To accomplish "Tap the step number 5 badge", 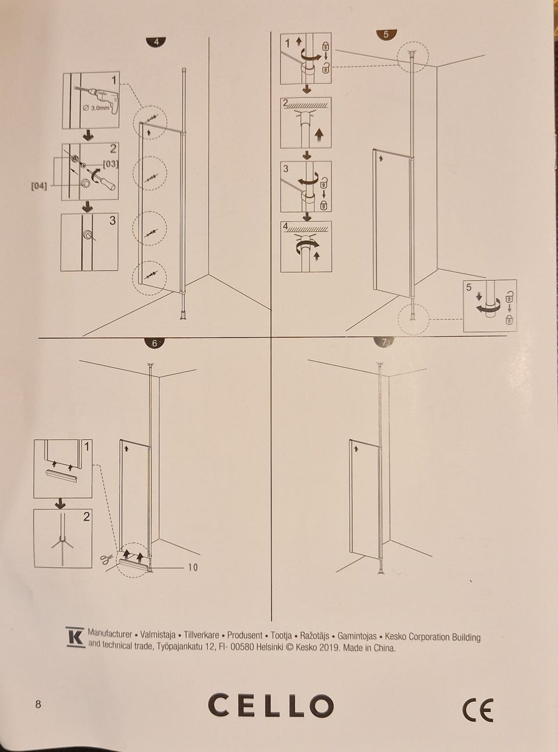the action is click(x=387, y=34).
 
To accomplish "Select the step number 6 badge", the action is click(x=155, y=343).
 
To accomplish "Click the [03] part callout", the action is click(x=110, y=164).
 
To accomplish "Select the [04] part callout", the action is click(x=39, y=186).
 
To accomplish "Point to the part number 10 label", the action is click(x=192, y=567).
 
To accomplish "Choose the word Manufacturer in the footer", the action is click(x=110, y=633).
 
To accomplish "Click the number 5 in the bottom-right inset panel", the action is click(x=468, y=287).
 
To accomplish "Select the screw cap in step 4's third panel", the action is click(x=88, y=235).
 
